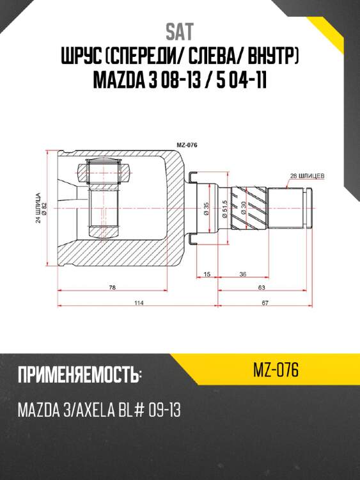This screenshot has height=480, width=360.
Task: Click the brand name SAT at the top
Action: click(180, 31)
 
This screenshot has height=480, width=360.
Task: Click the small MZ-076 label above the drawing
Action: click(186, 145)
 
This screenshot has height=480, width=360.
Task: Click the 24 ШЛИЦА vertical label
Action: click(38, 209)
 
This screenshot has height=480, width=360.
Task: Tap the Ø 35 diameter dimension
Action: click(207, 209)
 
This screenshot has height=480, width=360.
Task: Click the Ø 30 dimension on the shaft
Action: click(244, 208)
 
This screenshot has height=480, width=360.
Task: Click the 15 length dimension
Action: click(207, 274)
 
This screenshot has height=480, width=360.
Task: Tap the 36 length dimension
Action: click(243, 274)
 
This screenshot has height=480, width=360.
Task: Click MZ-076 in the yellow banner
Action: click(276, 371)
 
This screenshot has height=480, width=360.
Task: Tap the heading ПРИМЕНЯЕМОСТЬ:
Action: click(79, 375)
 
